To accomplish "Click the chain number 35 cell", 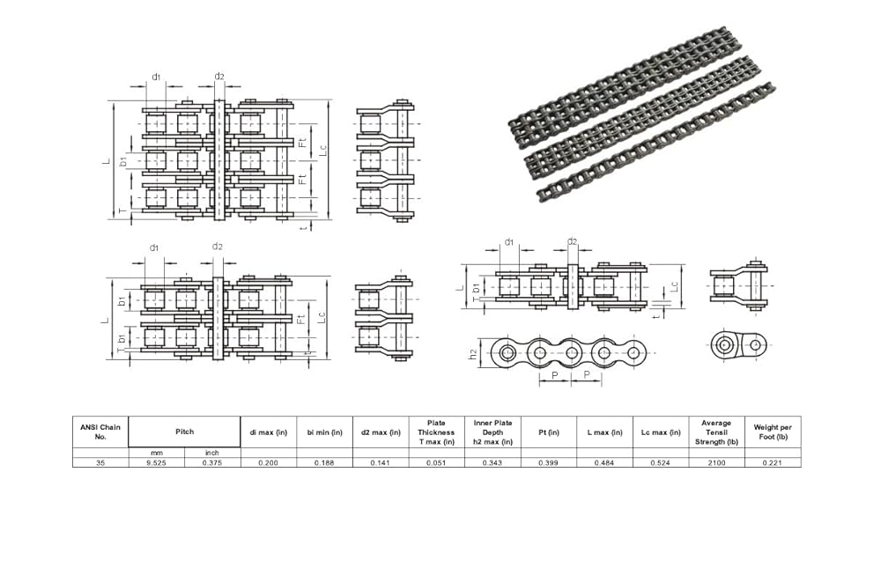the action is pyautogui.click(x=100, y=461).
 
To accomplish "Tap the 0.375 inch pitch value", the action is pyautogui.click(x=212, y=461).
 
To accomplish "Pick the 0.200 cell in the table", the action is pyautogui.click(x=268, y=461).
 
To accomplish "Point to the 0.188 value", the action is pyautogui.click(x=324, y=461).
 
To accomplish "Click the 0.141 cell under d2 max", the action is pyautogui.click(x=381, y=461).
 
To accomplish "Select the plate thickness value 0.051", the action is pyautogui.click(x=436, y=461).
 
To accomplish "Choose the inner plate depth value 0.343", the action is pyautogui.click(x=492, y=461).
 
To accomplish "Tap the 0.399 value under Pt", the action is pyautogui.click(x=548, y=461).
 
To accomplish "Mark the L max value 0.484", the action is pyautogui.click(x=604, y=461).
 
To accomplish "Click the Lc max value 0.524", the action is pyautogui.click(x=661, y=461).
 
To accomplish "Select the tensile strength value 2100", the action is pyautogui.click(x=716, y=461).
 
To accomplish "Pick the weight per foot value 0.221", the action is pyautogui.click(x=773, y=461).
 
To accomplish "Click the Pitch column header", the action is pyautogui.click(x=184, y=432).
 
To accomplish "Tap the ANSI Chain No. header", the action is pyautogui.click(x=100, y=432).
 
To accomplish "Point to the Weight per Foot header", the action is pyautogui.click(x=773, y=432).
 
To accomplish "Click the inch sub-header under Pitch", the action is pyautogui.click(x=212, y=452).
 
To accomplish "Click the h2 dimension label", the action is pyautogui.click(x=473, y=354).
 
